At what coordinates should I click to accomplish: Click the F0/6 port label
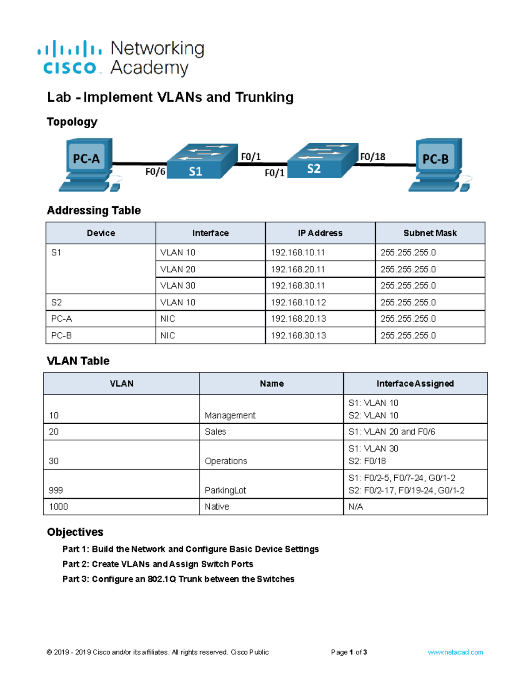coord(155,172)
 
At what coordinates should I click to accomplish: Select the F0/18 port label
coord(373,157)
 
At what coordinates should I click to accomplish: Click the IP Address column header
coord(320,233)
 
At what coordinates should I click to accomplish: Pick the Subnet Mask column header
coord(430,233)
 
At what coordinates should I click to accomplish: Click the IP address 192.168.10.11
coord(298,253)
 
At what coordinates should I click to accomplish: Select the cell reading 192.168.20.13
coord(298,319)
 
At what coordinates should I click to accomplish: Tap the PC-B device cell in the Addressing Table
coord(62,336)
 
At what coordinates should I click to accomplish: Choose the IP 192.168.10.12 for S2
coord(298,303)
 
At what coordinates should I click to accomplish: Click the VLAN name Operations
coord(226,461)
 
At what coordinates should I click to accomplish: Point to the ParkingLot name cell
coord(226,490)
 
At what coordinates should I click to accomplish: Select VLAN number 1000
coord(58,507)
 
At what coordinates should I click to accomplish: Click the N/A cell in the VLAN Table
coord(356,507)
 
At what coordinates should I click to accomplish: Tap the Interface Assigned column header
coord(415,384)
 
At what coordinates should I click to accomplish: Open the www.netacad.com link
coord(455,652)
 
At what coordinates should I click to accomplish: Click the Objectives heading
coord(75,532)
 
